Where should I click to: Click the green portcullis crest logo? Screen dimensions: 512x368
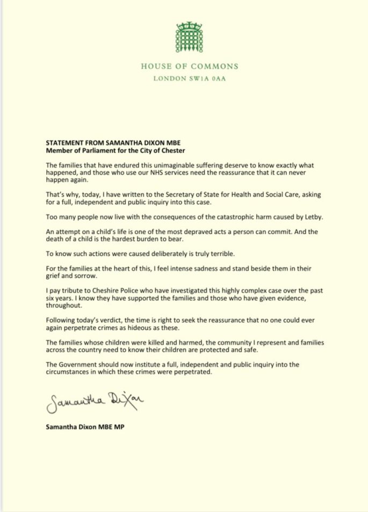(x=189, y=39)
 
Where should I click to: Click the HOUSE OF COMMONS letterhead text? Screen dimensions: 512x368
(x=189, y=67)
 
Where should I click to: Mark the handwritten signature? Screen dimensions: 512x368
(x=96, y=400)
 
